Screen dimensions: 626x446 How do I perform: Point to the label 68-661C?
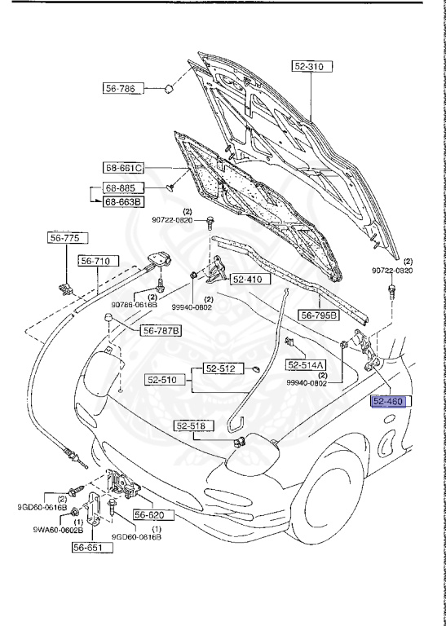click(x=124, y=168)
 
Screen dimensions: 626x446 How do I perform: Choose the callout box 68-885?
click(x=120, y=188)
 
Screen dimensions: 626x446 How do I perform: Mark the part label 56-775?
click(x=62, y=239)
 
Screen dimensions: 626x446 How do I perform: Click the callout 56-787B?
click(x=161, y=330)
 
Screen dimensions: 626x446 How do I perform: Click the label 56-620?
click(x=149, y=515)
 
